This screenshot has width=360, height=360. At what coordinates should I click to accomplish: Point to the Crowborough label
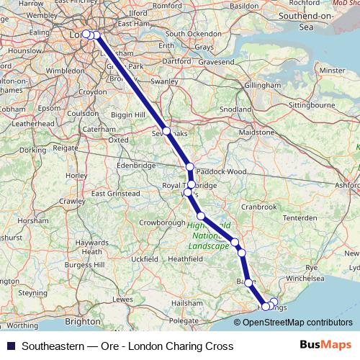coord(161,223)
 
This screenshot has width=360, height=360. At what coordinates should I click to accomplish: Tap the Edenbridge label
coord(137,165)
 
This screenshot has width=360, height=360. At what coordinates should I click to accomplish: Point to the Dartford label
coord(178,62)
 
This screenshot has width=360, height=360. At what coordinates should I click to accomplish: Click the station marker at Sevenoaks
coord(166,131)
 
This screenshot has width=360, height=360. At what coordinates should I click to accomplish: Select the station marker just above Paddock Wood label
coord(190,167)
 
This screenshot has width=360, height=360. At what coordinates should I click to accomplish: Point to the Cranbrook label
coord(258,207)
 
